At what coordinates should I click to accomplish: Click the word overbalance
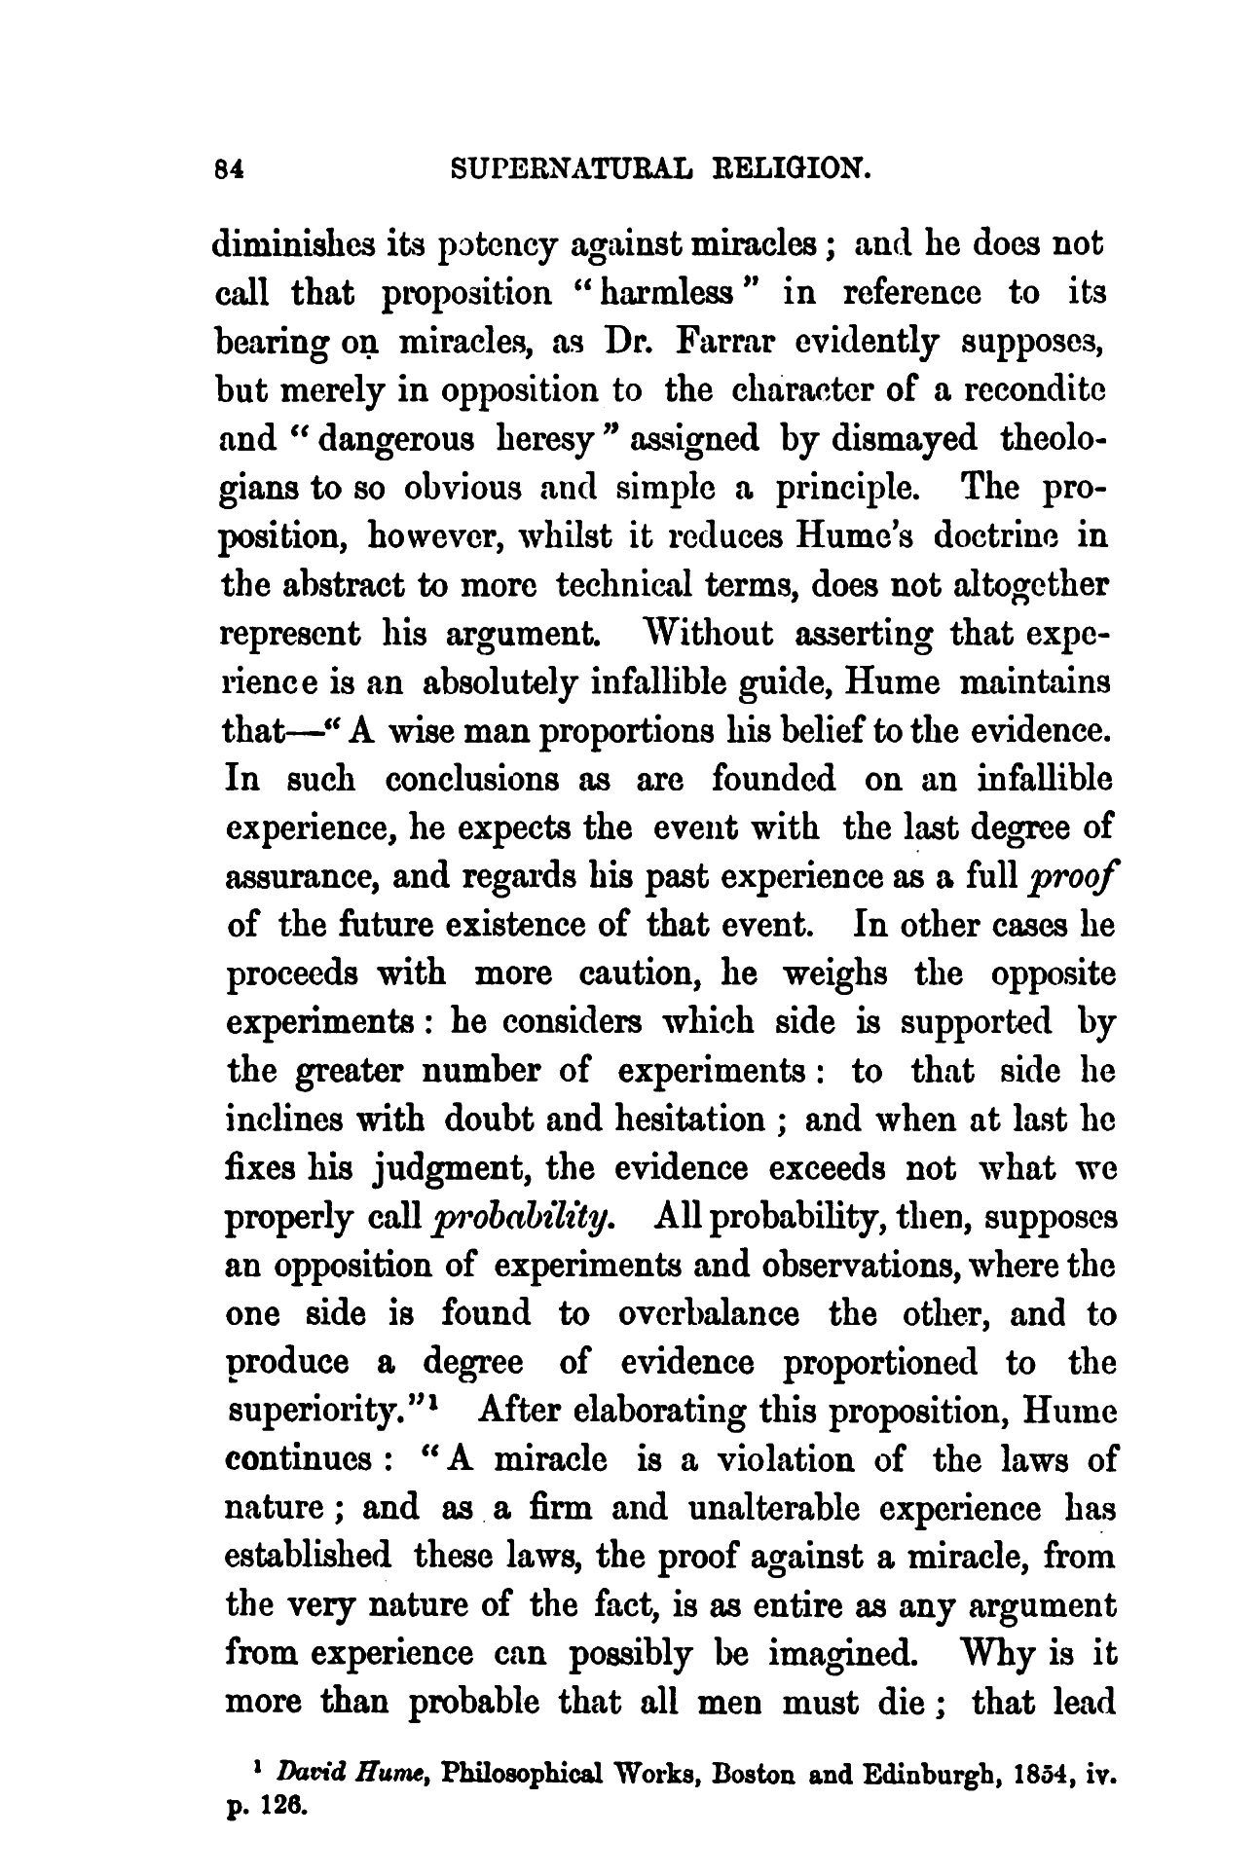(x=709, y=1314)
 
